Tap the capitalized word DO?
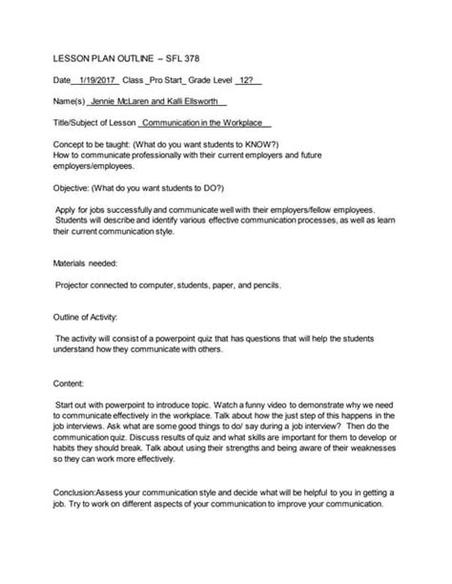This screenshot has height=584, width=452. [236, 194]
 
